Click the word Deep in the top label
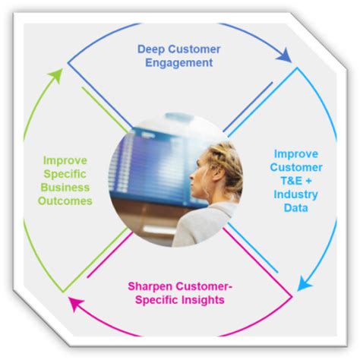tap(152, 49)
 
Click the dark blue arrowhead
tap(285, 56)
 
